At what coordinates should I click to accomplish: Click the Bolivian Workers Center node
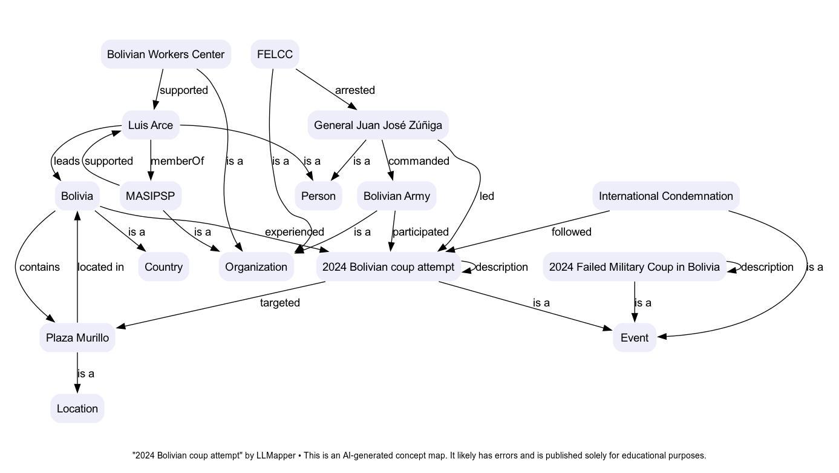(166, 55)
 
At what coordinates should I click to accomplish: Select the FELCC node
(275, 55)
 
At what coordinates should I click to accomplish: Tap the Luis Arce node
(151, 125)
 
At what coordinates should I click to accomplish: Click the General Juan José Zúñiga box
(378, 125)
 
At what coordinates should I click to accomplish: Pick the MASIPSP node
(151, 196)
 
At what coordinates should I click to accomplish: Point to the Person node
(318, 196)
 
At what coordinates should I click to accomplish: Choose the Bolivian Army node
(397, 196)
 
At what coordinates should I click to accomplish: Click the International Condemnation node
(665, 196)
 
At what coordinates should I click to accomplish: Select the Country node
(164, 267)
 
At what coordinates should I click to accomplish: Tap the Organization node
(256, 267)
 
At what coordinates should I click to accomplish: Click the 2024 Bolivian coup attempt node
(388, 267)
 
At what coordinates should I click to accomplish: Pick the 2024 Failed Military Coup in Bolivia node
(634, 267)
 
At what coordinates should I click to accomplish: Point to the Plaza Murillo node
(77, 338)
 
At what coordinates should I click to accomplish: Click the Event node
(635, 338)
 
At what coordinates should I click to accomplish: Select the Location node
(77, 409)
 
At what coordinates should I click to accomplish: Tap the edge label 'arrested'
(355, 90)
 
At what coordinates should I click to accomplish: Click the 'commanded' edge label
(419, 161)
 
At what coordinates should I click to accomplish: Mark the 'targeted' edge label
(280, 303)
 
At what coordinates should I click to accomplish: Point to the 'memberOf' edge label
(177, 161)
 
